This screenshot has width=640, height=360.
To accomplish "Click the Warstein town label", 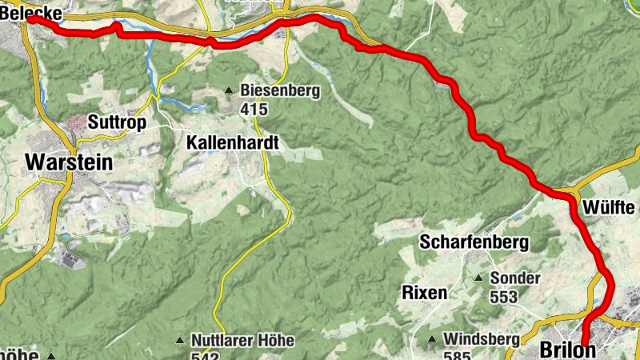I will [x=69, y=162].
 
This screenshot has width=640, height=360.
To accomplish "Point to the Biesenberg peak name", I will [x=280, y=91].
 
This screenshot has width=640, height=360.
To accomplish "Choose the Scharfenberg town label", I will [x=474, y=242].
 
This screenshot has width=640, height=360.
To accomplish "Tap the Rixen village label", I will [x=424, y=292].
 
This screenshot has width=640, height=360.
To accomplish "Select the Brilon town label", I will [x=567, y=350].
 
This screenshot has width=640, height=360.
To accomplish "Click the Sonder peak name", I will [x=515, y=279].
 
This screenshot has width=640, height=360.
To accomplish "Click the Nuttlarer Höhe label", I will [x=242, y=341].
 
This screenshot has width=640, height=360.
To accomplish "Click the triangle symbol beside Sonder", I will [x=479, y=279].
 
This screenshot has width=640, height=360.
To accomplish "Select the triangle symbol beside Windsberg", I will [x=432, y=339].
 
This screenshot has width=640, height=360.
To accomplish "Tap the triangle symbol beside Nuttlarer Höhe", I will [x=181, y=341].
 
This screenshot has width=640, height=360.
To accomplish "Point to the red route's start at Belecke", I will [x=30, y=20].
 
